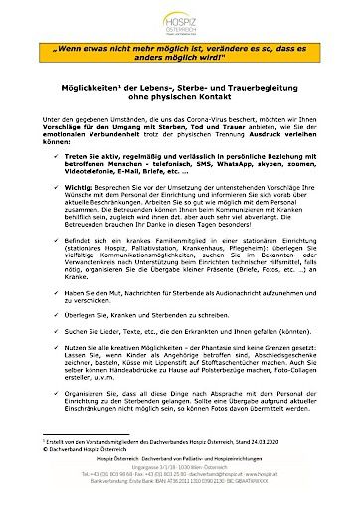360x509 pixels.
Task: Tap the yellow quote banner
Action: click(x=180, y=51)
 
